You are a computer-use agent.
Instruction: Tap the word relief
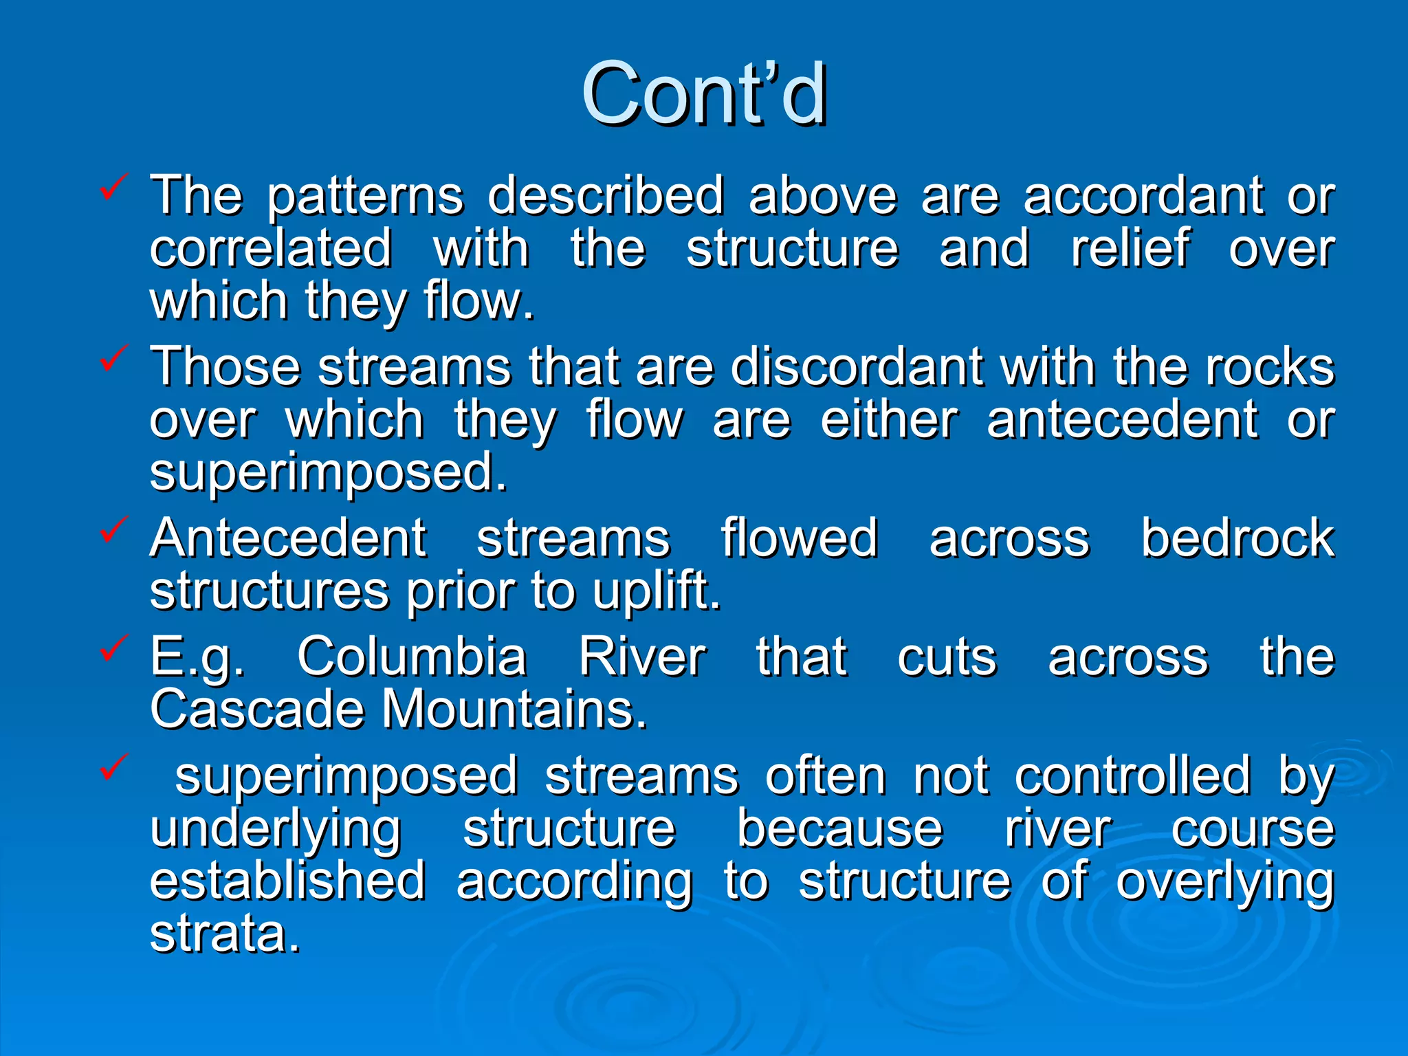[x=1130, y=248]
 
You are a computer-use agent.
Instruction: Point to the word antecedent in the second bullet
[x=1122, y=420]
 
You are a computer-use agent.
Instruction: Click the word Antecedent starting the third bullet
[x=288, y=538]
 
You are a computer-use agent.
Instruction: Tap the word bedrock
[x=1237, y=538]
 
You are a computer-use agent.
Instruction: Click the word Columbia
[x=412, y=657]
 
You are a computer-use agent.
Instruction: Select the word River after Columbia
[x=642, y=657]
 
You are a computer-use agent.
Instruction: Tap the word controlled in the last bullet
[x=1132, y=776]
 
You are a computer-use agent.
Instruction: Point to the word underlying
[x=276, y=830]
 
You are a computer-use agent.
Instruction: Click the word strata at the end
[x=225, y=934]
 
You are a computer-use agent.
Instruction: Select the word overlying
[x=1224, y=882]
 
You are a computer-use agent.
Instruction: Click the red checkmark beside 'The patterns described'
[x=113, y=186]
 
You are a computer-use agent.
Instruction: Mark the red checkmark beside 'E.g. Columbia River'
[x=113, y=648]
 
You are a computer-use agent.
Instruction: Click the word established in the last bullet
[x=288, y=882]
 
